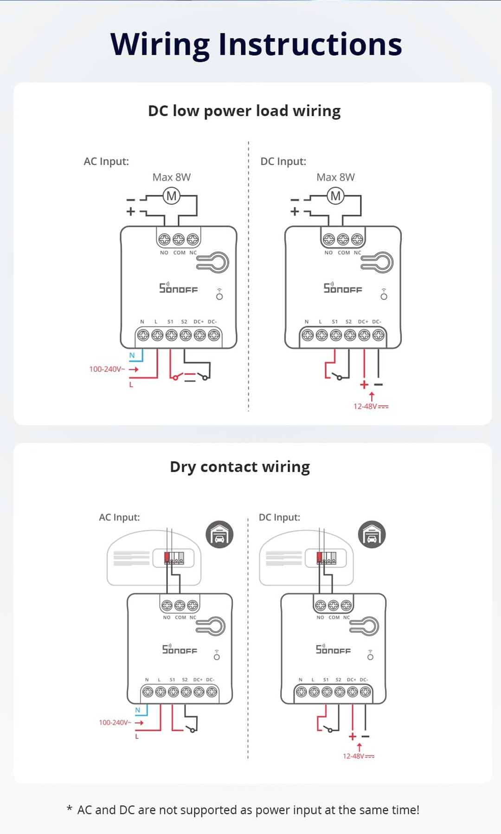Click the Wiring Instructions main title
[x=256, y=45]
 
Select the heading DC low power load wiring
[x=244, y=111]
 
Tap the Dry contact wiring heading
[x=240, y=466]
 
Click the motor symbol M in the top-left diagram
[x=172, y=196]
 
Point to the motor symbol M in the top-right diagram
[x=335, y=196]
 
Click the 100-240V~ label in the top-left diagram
[x=107, y=369]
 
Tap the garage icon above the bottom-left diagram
[x=219, y=535]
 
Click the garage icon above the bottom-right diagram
[x=372, y=535]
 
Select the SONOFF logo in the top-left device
[x=179, y=288]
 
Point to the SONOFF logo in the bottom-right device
[x=333, y=649]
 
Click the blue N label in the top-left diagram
[x=132, y=356]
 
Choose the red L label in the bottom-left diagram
[x=137, y=736]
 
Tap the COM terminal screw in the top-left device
[x=179, y=239]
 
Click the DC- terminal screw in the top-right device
[x=378, y=335]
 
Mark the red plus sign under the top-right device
[x=364, y=385]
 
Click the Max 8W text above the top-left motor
[x=172, y=177]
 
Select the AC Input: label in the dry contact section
[x=119, y=517]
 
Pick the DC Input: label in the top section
[x=283, y=162]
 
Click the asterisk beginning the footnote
[x=70, y=809]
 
